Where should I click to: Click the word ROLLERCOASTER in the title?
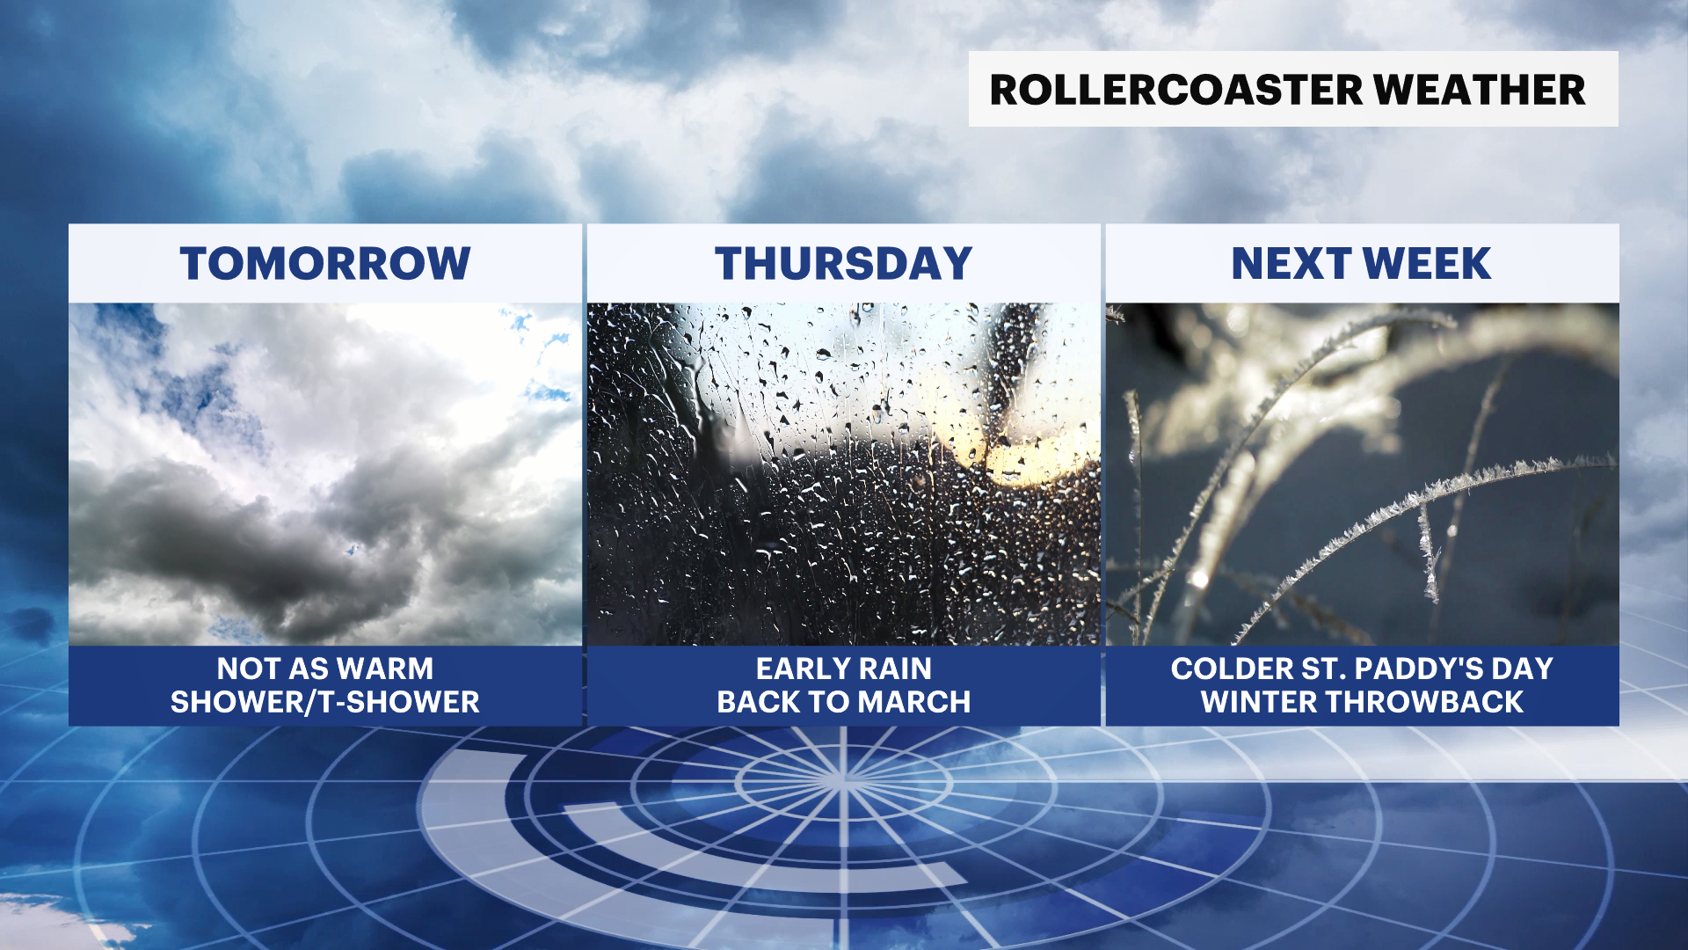[1175, 90]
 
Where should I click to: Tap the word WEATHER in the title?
[1480, 90]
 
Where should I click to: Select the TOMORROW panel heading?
[325, 263]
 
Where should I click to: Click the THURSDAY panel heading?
[843, 263]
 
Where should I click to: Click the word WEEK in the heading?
[1427, 263]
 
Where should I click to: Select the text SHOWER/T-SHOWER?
[325, 702]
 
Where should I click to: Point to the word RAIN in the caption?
[895, 669]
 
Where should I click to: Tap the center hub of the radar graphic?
[843, 778]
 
